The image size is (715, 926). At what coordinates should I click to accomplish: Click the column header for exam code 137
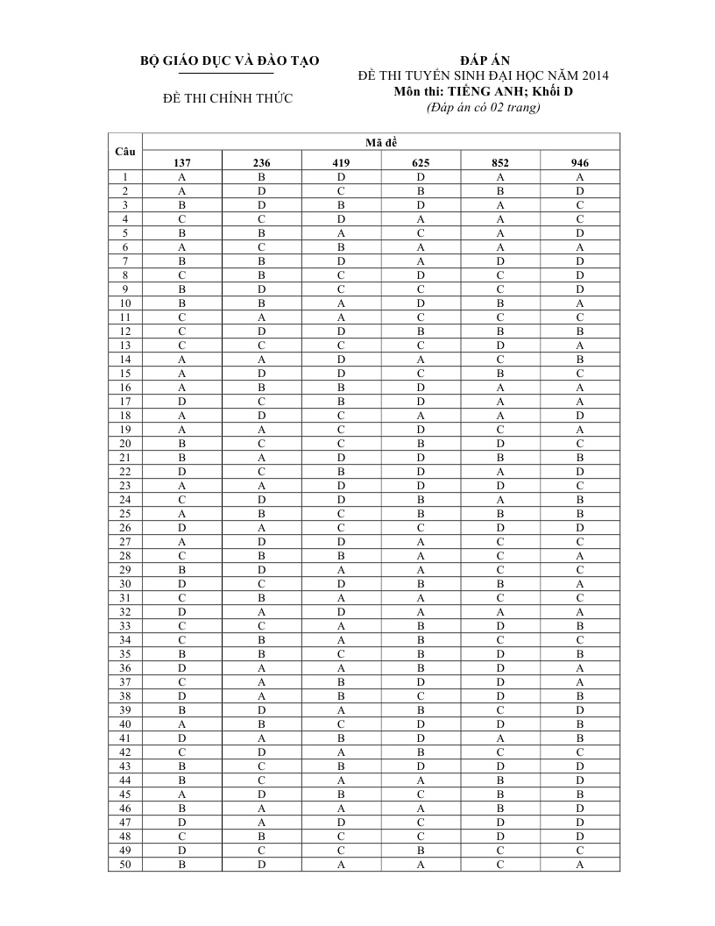click(181, 162)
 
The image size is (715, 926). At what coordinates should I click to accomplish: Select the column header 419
click(341, 162)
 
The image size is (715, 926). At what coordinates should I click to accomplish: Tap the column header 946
click(580, 162)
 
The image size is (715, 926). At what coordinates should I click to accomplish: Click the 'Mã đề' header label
click(381, 142)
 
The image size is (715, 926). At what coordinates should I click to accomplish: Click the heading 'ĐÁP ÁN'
click(484, 61)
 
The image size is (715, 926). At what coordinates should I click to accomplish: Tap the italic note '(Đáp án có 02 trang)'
click(483, 107)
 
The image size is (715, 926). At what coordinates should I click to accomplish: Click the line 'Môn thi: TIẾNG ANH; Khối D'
click(483, 91)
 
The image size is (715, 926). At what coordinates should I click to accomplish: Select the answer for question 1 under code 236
click(261, 176)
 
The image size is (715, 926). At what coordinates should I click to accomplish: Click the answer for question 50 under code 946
click(580, 865)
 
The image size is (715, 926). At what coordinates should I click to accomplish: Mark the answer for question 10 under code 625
click(421, 303)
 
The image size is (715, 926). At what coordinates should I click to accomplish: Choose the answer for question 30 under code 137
click(181, 583)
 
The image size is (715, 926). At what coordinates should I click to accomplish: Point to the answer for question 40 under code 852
click(500, 724)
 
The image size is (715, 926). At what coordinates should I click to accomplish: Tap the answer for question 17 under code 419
click(341, 401)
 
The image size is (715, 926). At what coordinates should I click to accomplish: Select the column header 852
click(500, 162)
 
